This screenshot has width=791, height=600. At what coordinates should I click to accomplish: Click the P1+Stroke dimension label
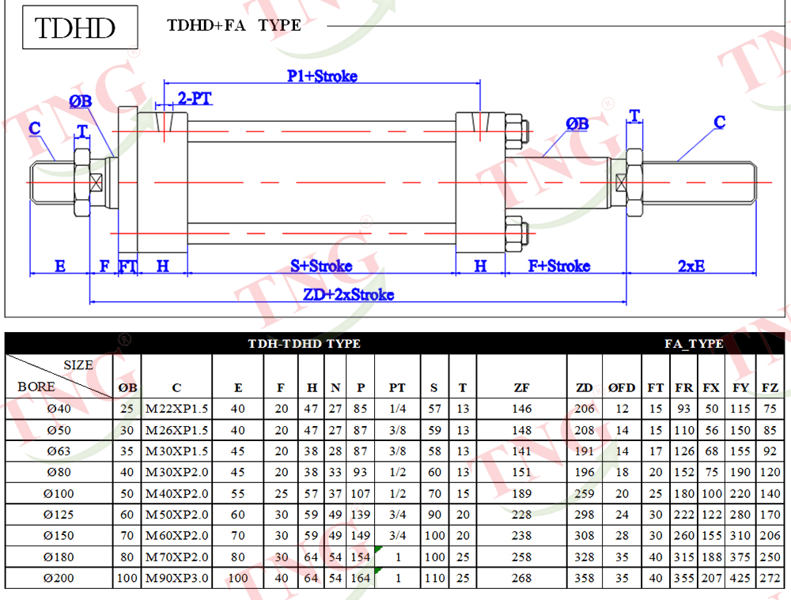coord(323,76)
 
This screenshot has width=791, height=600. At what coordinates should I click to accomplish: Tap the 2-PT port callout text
coord(195,98)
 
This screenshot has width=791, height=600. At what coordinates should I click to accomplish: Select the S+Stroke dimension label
coord(321,266)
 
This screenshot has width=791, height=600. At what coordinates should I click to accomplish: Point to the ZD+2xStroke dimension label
coord(348,294)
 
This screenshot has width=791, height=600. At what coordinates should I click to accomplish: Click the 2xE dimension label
coord(691,266)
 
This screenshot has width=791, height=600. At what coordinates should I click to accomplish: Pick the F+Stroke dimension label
coord(559,266)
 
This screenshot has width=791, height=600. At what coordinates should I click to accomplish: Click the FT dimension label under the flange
coord(127,266)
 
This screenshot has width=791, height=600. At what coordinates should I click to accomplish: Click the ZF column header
coord(521,387)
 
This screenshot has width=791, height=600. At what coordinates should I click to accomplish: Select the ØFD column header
coord(622,387)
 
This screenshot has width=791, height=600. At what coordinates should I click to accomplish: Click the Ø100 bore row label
coord(59,493)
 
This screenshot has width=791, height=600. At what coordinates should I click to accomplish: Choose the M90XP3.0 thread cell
coord(176,579)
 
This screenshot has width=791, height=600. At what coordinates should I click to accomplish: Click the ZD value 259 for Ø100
coord(585,493)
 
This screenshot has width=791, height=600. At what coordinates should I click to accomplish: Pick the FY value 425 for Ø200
coord(740,579)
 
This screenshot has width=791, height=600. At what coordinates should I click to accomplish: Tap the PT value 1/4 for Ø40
coord(398,409)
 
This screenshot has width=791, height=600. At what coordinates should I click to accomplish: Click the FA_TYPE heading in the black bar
coord(694,344)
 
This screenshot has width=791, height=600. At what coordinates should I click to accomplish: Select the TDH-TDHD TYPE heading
coord(305,344)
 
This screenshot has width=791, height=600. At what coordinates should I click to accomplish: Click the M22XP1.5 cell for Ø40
coord(176,409)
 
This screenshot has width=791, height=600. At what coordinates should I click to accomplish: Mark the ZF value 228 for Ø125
coord(521,515)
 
